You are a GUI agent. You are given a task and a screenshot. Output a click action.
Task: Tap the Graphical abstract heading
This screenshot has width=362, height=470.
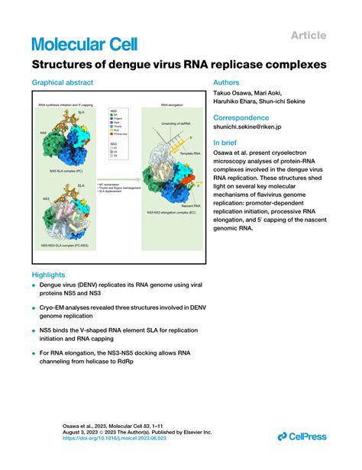pos(64,83)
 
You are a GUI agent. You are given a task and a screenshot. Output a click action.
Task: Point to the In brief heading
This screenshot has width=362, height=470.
pos(227,142)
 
